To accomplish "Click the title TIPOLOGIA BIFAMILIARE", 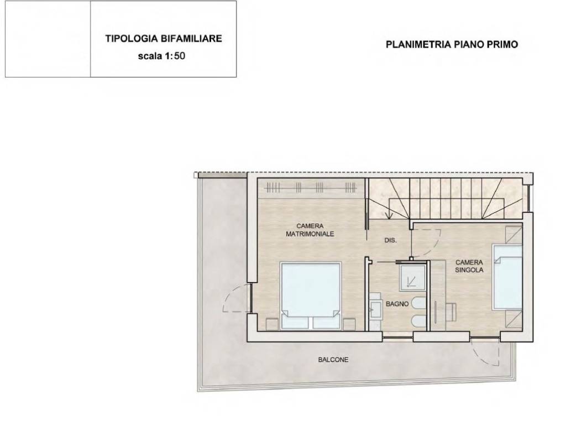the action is tap(164, 39).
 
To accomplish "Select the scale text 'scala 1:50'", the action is tap(161, 56).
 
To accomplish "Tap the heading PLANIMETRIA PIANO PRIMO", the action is tap(452, 44).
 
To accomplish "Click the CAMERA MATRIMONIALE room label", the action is tap(310, 230).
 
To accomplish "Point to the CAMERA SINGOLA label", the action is tap(469, 266).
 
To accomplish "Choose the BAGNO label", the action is tap(397, 304).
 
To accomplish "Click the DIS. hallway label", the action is tap(391, 240).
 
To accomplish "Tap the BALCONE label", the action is tap(333, 360).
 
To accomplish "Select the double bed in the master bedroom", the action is tap(311, 296).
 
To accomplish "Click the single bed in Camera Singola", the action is tap(507, 277).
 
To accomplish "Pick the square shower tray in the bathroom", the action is tap(412, 278).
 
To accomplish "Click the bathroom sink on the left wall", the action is tap(375, 309).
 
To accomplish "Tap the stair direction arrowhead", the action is tap(389, 216).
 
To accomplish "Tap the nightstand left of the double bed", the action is tap(272, 324).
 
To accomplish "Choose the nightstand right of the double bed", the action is tap(349, 324).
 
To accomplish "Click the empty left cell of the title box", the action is tap(48, 39).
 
